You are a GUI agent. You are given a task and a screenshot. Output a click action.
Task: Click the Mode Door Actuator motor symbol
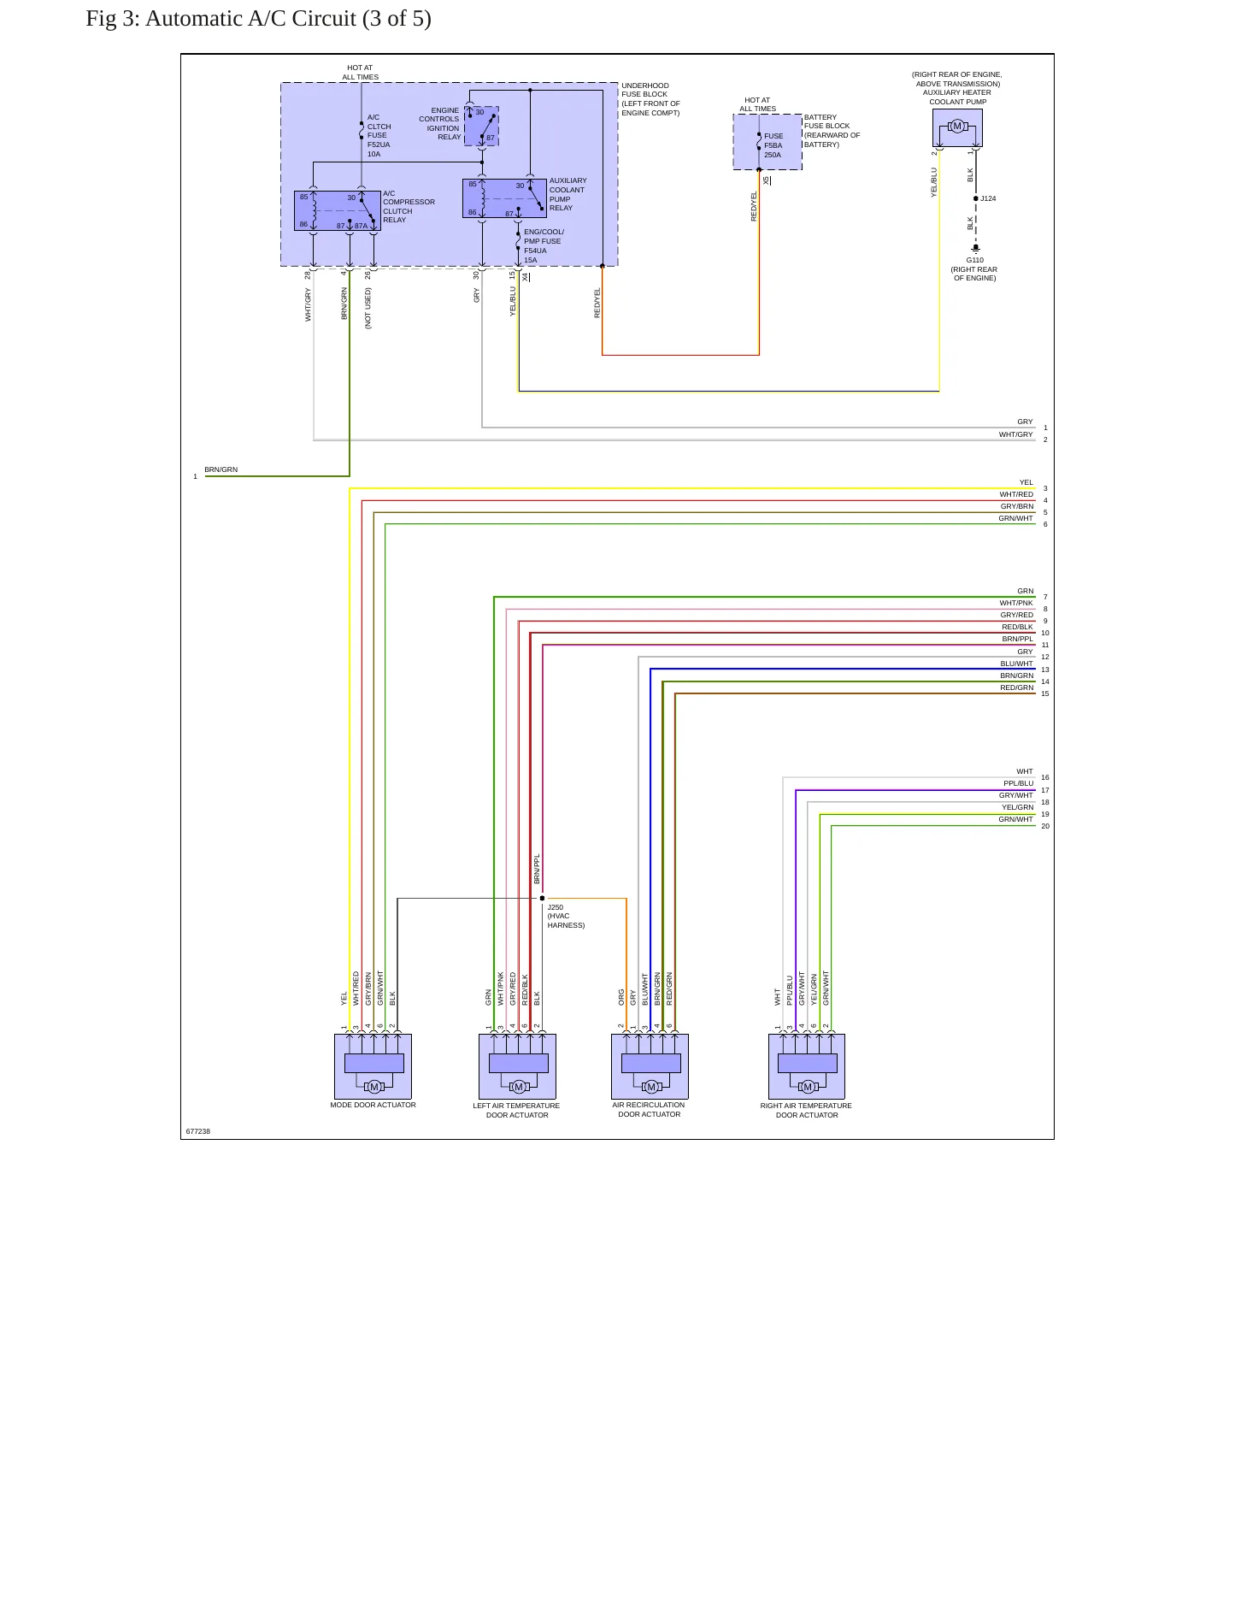click(373, 1087)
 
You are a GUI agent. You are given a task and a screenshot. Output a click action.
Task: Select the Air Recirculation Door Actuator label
click(649, 1109)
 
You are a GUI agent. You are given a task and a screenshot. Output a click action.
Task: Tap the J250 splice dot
click(542, 899)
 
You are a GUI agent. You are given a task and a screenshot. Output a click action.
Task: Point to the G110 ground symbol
click(976, 249)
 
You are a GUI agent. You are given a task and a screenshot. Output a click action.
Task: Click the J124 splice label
click(988, 198)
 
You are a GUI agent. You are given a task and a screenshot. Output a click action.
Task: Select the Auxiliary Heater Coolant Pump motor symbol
click(957, 127)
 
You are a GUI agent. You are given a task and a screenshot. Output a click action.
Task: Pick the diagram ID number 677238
click(198, 1131)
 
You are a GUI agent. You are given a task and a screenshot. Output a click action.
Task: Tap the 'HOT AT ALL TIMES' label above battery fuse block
click(757, 104)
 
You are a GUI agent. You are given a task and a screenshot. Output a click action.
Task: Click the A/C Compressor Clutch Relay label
click(409, 207)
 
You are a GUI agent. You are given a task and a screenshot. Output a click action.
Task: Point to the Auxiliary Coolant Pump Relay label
click(568, 194)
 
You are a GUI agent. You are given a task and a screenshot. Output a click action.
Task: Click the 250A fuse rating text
click(773, 155)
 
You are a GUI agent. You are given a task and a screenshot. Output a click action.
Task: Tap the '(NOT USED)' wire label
click(368, 308)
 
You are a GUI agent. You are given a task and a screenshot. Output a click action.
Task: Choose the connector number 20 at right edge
click(1045, 826)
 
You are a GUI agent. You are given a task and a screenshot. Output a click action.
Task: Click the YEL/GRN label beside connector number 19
click(1017, 807)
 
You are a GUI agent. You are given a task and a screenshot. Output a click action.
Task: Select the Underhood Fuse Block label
click(650, 99)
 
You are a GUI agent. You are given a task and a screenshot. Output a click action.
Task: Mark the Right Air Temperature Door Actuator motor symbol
click(808, 1087)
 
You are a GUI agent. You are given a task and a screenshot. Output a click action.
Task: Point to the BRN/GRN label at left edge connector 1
click(221, 469)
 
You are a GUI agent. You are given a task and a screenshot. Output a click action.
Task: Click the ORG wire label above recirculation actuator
click(621, 997)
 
